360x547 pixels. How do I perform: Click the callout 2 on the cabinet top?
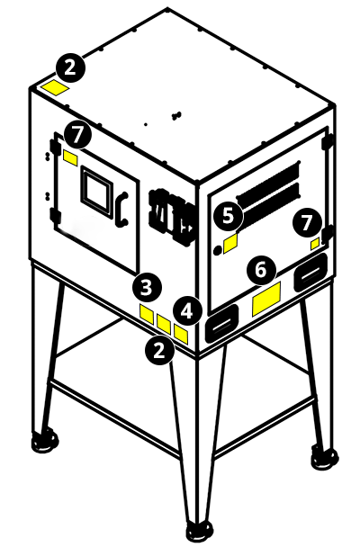[x=70, y=66]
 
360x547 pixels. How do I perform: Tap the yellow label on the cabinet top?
[x=56, y=87]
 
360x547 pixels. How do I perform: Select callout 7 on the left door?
[x=79, y=135]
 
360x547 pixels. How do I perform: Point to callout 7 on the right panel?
[x=309, y=220]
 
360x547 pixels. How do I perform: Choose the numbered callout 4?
[x=186, y=311]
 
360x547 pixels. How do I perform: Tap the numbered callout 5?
[x=228, y=216]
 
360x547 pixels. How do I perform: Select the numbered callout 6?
[x=261, y=268]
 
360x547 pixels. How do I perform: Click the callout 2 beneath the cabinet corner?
[x=160, y=350]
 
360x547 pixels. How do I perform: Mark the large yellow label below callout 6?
[x=267, y=299]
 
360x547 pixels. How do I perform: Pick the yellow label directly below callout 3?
[x=147, y=313]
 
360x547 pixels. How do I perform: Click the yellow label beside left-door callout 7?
[x=69, y=158]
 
